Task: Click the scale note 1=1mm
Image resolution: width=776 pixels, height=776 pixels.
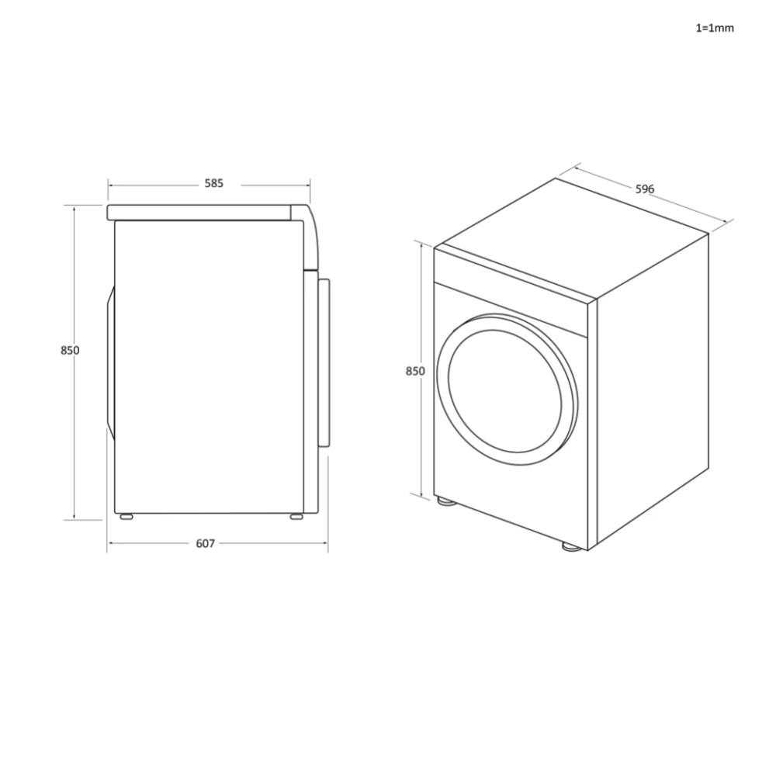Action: pos(714,28)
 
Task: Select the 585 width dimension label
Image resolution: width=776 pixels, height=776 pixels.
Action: pos(214,184)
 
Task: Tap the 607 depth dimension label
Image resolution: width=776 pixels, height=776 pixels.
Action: pos(205,543)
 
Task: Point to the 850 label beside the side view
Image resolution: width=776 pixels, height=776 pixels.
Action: pos(70,350)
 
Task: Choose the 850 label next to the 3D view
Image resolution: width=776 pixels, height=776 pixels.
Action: pos(415,371)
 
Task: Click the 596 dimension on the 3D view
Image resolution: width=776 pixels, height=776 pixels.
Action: pos(645,189)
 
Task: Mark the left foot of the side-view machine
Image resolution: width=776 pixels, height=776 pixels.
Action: pos(124,516)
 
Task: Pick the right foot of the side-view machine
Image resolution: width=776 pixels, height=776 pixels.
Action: pos(296,516)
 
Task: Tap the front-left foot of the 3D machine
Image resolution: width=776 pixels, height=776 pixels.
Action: pos(445,501)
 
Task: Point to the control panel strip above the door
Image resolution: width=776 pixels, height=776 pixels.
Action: pos(512,291)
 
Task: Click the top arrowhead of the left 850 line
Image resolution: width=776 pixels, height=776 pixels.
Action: pos(74,208)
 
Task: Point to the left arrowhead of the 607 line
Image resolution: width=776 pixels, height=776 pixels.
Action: pos(109,543)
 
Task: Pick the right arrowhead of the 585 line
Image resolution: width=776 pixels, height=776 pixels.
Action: pos(308,185)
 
